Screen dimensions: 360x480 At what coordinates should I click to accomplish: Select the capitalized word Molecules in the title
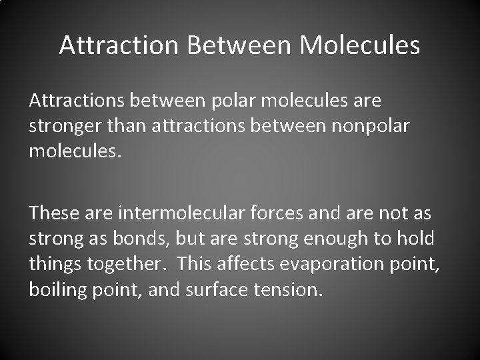coord(360,45)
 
